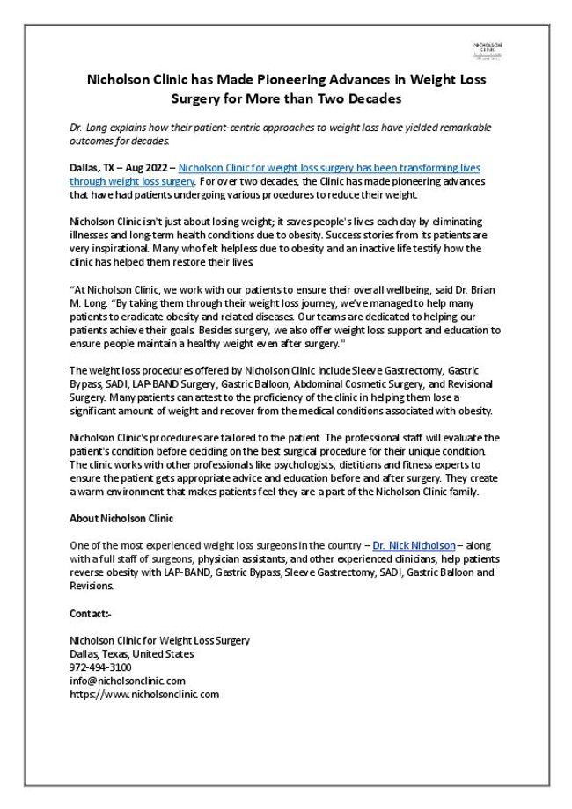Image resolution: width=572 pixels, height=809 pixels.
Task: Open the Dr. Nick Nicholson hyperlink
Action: (414, 545)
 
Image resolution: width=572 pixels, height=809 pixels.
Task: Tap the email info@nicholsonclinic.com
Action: (127, 681)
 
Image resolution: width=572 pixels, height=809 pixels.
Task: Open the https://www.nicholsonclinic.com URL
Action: (143, 694)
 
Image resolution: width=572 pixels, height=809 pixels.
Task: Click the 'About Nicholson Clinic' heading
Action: (121, 517)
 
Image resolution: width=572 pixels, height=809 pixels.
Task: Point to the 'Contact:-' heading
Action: (91, 613)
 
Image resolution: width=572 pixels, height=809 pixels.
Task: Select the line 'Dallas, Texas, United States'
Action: (132, 654)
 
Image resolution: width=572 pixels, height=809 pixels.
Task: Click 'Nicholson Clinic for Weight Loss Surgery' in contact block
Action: (159, 641)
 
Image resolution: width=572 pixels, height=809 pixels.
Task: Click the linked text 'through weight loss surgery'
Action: (131, 180)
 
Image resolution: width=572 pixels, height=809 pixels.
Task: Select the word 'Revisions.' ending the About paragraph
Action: (92, 585)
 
